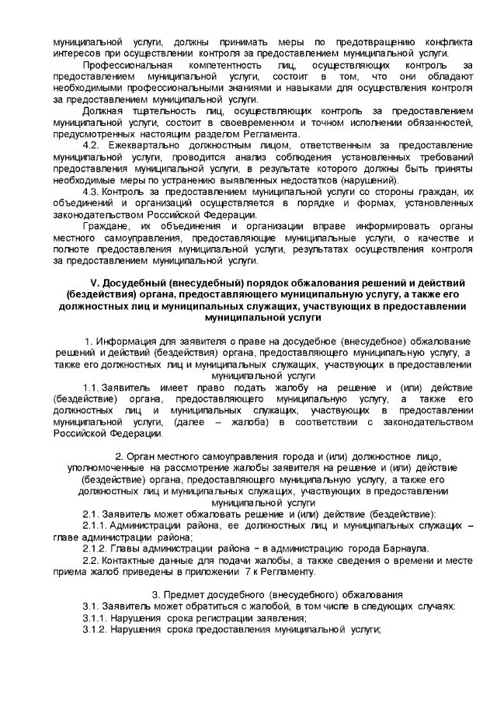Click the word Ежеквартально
point(141,147)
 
